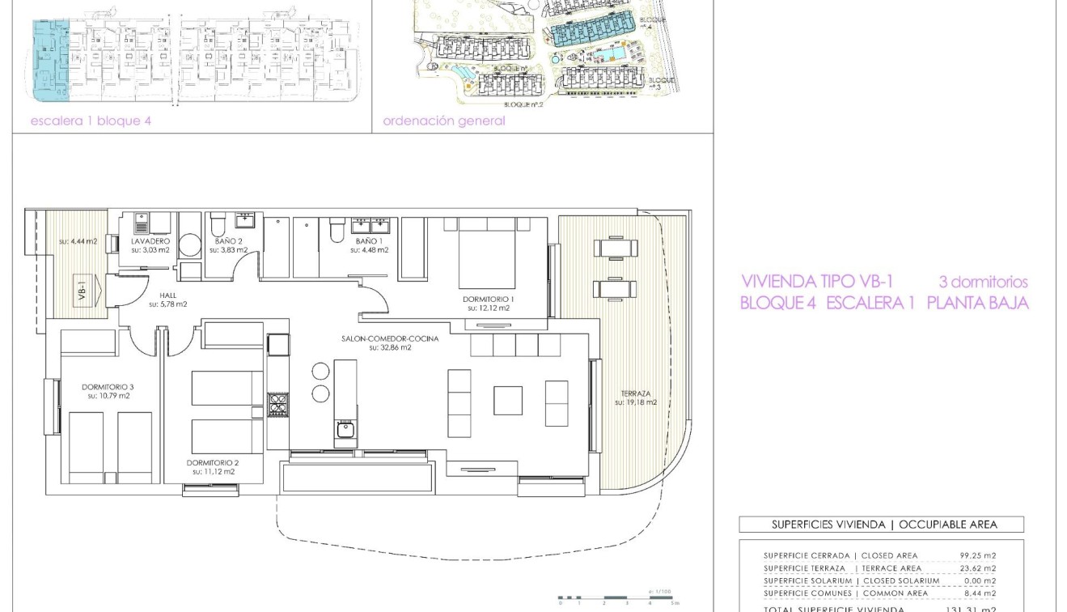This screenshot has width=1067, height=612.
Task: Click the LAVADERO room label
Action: (x=150, y=241)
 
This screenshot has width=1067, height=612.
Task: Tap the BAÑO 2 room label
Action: (x=229, y=241)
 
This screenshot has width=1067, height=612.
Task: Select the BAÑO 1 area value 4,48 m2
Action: (x=369, y=250)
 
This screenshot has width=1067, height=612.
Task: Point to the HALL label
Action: (x=167, y=295)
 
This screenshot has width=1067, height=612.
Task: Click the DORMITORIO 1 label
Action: (x=488, y=299)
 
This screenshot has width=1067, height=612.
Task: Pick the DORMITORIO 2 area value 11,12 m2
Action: (x=214, y=471)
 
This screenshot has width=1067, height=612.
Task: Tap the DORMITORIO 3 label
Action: (x=108, y=387)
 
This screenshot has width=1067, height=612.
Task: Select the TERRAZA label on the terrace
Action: (x=636, y=393)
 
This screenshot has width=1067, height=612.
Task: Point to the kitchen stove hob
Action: (x=277, y=404)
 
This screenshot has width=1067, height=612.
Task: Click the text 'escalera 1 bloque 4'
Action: (x=91, y=121)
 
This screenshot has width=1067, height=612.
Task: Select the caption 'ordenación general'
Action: (x=443, y=121)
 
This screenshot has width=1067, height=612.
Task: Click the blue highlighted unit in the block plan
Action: (x=50, y=61)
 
